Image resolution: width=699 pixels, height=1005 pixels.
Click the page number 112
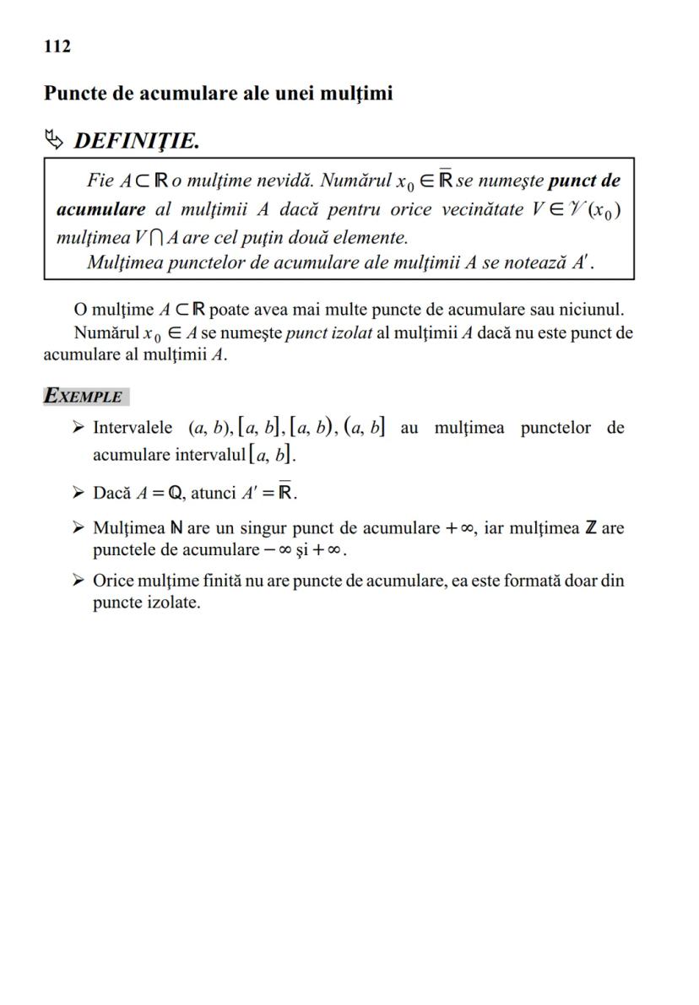(57, 46)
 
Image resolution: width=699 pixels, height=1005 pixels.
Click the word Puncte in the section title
(73, 93)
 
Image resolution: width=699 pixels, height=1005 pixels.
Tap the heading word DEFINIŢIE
(137, 140)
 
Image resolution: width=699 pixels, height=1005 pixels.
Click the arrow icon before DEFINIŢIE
(55, 139)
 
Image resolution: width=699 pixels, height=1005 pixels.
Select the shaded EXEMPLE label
(84, 396)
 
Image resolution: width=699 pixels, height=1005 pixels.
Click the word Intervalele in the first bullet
(133, 428)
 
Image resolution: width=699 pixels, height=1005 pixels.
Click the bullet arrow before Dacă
(78, 492)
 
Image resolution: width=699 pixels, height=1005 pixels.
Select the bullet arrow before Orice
(78, 581)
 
